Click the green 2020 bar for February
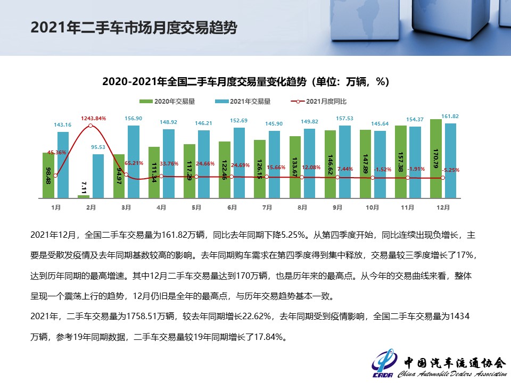[84, 196]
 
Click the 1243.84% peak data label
[94, 118]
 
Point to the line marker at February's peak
[90, 126]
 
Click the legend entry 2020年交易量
[170, 101]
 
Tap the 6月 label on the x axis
[232, 207]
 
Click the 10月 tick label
[373, 207]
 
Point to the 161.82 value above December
[450, 116]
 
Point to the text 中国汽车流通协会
[454, 362]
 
